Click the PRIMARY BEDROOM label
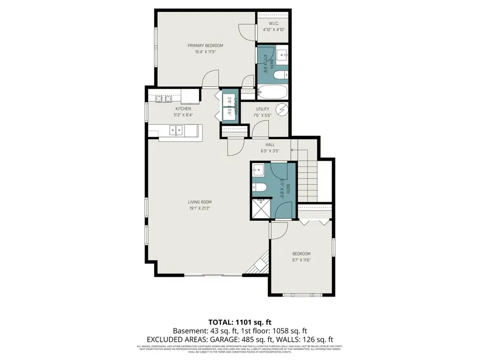[205, 45]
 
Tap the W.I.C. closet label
[274, 23]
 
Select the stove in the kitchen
[163, 98]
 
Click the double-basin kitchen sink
[175, 130]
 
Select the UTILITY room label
[262, 109]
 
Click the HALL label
[270, 144]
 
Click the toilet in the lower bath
[259, 187]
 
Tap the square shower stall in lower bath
[261, 209]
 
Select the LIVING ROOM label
[199, 202]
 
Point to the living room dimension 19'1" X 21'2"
[199, 208]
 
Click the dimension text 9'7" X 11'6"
[301, 260]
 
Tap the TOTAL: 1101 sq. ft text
[239, 322]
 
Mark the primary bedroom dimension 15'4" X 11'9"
[205, 52]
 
